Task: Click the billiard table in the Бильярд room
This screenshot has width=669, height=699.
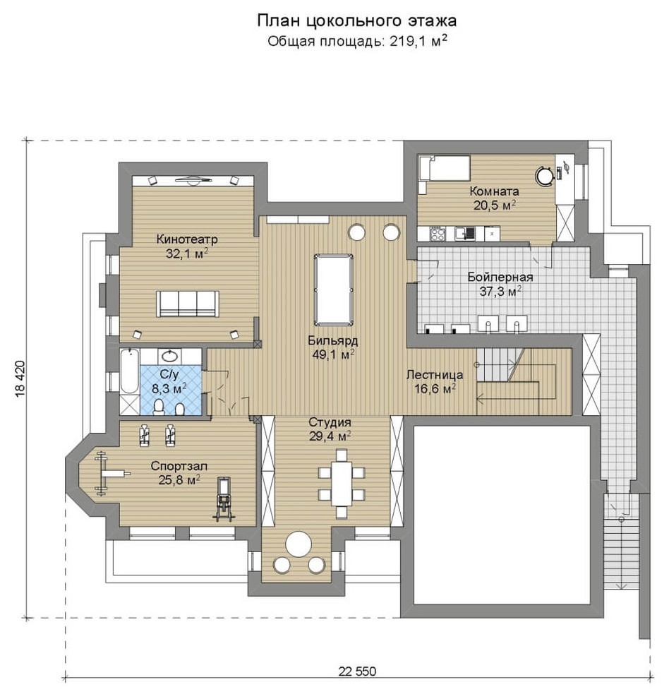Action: (333, 290)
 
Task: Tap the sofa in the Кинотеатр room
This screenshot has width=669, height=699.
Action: (187, 304)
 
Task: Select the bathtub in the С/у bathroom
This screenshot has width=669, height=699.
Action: (130, 371)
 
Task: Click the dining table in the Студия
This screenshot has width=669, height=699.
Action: (342, 484)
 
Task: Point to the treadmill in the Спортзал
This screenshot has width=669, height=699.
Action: (224, 499)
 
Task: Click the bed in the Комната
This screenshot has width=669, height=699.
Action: (445, 168)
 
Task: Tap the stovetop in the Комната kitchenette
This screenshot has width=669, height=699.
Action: (438, 233)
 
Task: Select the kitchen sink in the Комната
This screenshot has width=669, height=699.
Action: (464, 233)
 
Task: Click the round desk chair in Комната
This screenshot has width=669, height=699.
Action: (544, 175)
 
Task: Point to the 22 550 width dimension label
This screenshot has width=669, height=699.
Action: (357, 671)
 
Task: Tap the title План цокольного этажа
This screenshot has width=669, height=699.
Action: (356, 20)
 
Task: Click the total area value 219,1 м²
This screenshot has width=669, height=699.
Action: (418, 41)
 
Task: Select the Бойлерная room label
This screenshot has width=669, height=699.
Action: (500, 277)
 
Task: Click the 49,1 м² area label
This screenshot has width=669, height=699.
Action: (333, 355)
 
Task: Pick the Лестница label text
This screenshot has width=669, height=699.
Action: (435, 375)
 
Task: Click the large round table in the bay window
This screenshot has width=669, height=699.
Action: (299, 544)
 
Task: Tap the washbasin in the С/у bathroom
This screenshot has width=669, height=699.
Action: (170, 356)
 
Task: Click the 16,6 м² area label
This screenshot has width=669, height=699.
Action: (435, 389)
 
